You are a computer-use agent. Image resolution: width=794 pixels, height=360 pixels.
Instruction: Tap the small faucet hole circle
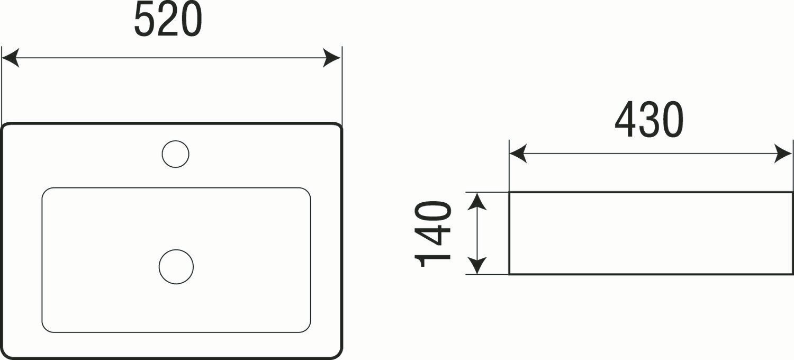click(x=175, y=154)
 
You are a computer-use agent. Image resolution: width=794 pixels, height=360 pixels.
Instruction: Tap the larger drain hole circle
click(x=176, y=266)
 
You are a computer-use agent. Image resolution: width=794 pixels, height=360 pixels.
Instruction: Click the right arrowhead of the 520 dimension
click(x=332, y=58)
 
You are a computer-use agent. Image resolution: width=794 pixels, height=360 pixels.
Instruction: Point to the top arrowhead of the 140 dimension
click(x=477, y=201)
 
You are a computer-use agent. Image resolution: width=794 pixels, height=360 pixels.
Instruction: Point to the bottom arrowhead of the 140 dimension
click(x=477, y=266)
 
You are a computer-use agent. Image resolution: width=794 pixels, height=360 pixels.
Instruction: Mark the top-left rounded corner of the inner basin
click(x=46, y=192)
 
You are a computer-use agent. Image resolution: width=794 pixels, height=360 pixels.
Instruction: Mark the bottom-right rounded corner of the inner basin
click(x=306, y=329)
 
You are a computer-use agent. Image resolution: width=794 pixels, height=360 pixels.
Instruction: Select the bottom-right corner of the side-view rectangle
click(x=792, y=274)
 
